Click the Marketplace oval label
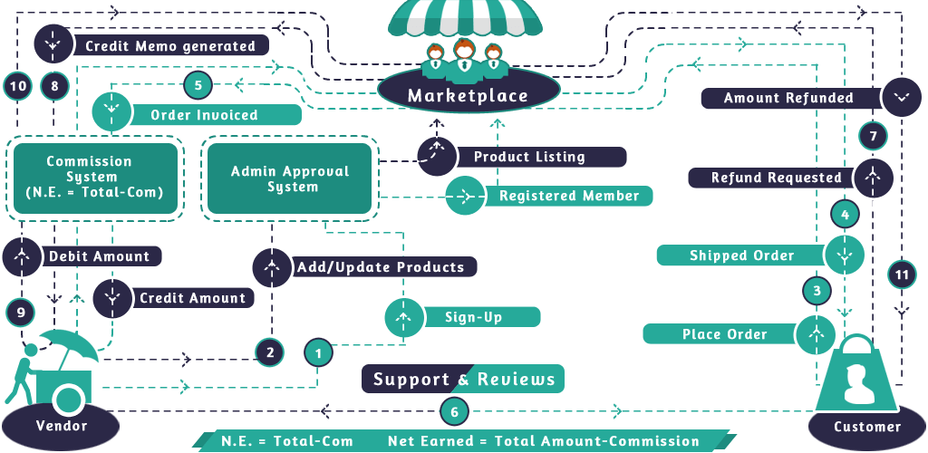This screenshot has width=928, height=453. pos(467,95)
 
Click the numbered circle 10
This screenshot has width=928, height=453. pos(17,87)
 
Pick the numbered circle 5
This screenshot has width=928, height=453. pos(198,86)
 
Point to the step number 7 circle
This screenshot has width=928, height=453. pos(872,137)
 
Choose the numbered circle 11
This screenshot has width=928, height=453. pos(901,275)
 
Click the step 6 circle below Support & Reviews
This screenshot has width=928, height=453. pos(455,411)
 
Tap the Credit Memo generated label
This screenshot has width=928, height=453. pos(169,45)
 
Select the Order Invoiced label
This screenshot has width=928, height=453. pos(204,115)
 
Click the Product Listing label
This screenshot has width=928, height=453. pos(529,157)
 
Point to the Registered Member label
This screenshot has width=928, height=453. pos(568,196)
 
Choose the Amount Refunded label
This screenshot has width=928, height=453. pos(788,98)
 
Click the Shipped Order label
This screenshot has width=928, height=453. pos(741,255)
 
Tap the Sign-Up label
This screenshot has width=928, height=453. pos(473,317)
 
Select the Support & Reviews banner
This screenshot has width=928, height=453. pos(463,379)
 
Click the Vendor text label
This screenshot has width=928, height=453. pos(62,426)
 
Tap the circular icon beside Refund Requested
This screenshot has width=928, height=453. pos(873,178)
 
